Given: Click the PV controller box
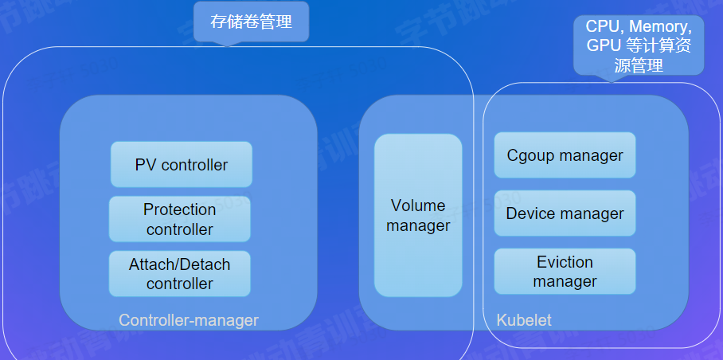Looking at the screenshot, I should [x=182, y=165].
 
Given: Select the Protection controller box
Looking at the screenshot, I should [x=180, y=219].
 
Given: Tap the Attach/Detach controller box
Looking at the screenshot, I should [x=180, y=273].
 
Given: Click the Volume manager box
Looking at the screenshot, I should [x=418, y=216].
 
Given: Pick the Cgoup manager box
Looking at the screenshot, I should [x=565, y=155].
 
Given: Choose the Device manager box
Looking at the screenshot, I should [x=565, y=213].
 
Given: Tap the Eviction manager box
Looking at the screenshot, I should [x=565, y=272].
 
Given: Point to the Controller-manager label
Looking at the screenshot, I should [x=189, y=320].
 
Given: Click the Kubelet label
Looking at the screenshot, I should [x=524, y=320].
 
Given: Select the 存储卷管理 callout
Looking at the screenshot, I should [x=251, y=22].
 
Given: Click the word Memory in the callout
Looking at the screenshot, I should [x=658, y=27].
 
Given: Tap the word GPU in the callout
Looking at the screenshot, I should [x=604, y=46].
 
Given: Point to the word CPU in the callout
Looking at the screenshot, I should [x=602, y=27].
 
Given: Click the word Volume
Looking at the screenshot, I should [x=418, y=206].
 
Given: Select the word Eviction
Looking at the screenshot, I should [x=565, y=262].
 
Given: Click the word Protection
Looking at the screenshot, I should [x=180, y=209].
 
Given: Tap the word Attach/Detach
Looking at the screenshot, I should [x=180, y=264].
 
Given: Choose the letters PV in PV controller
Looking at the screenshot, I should [x=146, y=165].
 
